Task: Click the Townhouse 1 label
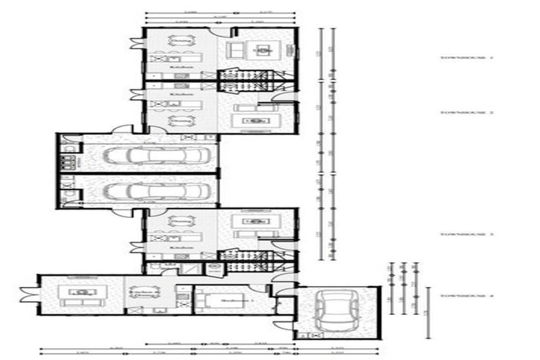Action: (x=457, y=58)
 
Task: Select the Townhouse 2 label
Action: (x=457, y=112)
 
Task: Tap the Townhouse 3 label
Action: (x=457, y=234)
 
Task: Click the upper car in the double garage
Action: (x=150, y=155)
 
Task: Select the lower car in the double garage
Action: (x=150, y=191)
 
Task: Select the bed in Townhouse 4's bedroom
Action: (x=212, y=300)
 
